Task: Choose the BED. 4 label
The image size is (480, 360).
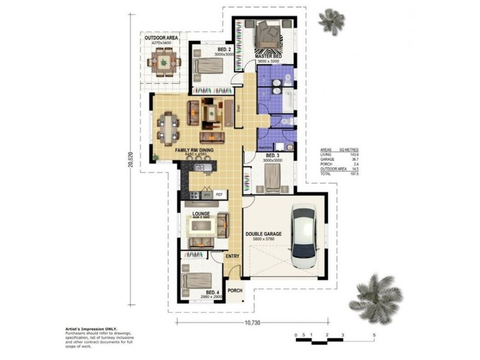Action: click(205, 292)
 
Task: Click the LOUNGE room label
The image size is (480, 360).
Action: click(200, 213)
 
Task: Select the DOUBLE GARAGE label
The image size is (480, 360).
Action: click(263, 234)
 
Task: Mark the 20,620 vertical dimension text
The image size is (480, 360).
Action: click(130, 164)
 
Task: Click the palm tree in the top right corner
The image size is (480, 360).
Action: click(331, 21)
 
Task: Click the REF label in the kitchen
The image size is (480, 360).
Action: click(220, 194)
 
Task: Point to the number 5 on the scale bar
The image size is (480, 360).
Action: click(374, 335)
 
